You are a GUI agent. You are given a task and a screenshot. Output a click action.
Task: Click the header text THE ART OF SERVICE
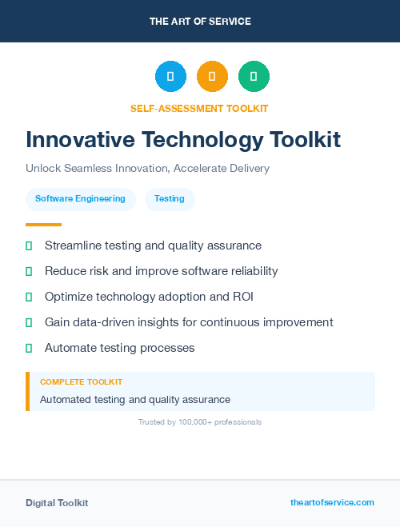(200, 22)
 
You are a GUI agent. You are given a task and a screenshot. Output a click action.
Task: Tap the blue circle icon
(170, 77)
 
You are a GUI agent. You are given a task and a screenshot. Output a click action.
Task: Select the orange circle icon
(212, 77)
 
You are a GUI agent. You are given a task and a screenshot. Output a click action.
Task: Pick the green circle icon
(254, 77)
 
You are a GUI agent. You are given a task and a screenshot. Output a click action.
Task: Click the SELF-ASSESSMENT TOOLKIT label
(199, 108)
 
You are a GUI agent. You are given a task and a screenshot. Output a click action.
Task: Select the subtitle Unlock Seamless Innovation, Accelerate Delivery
(147, 169)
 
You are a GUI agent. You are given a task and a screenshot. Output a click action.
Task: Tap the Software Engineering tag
(80, 198)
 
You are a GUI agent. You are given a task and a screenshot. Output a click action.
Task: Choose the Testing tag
(170, 198)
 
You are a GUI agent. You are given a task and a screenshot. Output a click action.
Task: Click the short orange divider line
(43, 225)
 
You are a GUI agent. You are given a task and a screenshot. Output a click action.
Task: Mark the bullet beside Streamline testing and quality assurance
(29, 246)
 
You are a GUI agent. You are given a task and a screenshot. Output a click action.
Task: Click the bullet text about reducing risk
(161, 271)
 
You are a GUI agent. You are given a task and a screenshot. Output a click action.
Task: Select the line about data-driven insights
(189, 322)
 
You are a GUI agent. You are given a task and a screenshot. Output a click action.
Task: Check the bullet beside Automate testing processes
(29, 348)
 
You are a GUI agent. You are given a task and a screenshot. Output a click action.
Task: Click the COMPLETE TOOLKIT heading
(81, 382)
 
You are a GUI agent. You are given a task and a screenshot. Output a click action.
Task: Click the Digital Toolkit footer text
(57, 503)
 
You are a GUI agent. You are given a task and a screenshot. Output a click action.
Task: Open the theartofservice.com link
(332, 502)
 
